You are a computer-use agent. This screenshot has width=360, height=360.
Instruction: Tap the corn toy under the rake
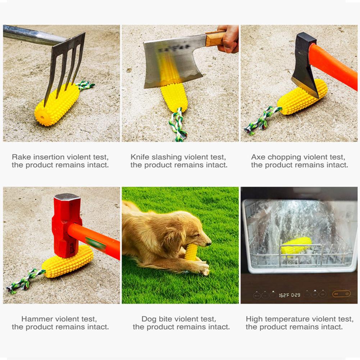[58, 104]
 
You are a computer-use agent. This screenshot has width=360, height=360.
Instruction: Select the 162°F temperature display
[284, 295]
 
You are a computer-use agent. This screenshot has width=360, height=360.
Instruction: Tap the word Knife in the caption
[139, 157]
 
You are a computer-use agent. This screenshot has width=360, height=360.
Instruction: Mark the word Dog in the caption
[149, 319]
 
